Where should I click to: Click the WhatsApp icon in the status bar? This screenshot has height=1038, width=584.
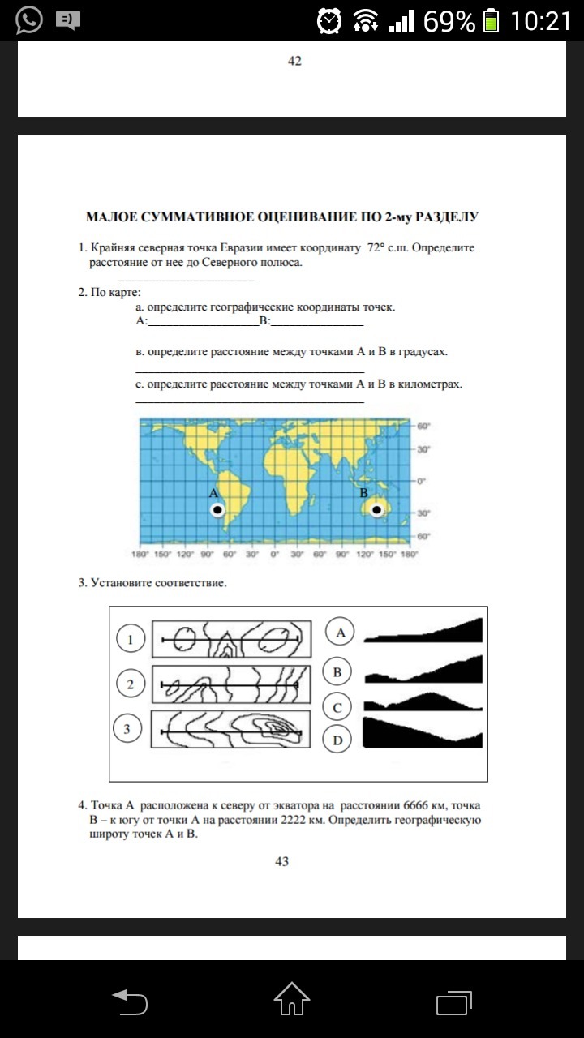tap(28, 19)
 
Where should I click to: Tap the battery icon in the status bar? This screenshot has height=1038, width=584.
tap(490, 20)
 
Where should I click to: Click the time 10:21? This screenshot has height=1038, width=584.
tap(541, 20)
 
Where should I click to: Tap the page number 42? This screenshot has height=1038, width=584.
tap(294, 61)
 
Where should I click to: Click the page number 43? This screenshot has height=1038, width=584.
tap(281, 861)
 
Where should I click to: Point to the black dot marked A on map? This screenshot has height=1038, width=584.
tap(217, 510)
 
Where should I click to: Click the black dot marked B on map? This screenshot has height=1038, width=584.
tap(376, 509)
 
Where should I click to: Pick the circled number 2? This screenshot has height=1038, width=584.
tap(130, 684)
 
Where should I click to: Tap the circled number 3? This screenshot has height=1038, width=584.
tap(127, 729)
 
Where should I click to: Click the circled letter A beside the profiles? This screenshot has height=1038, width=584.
tap(340, 632)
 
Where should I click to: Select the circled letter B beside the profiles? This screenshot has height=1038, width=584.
tap(337, 671)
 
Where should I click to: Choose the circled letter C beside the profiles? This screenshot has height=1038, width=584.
tap(337, 708)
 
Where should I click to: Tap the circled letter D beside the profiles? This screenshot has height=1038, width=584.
tap(337, 740)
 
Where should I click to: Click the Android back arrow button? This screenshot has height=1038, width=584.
tap(130, 1001)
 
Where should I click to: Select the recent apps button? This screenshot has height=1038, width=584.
tap(453, 1001)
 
